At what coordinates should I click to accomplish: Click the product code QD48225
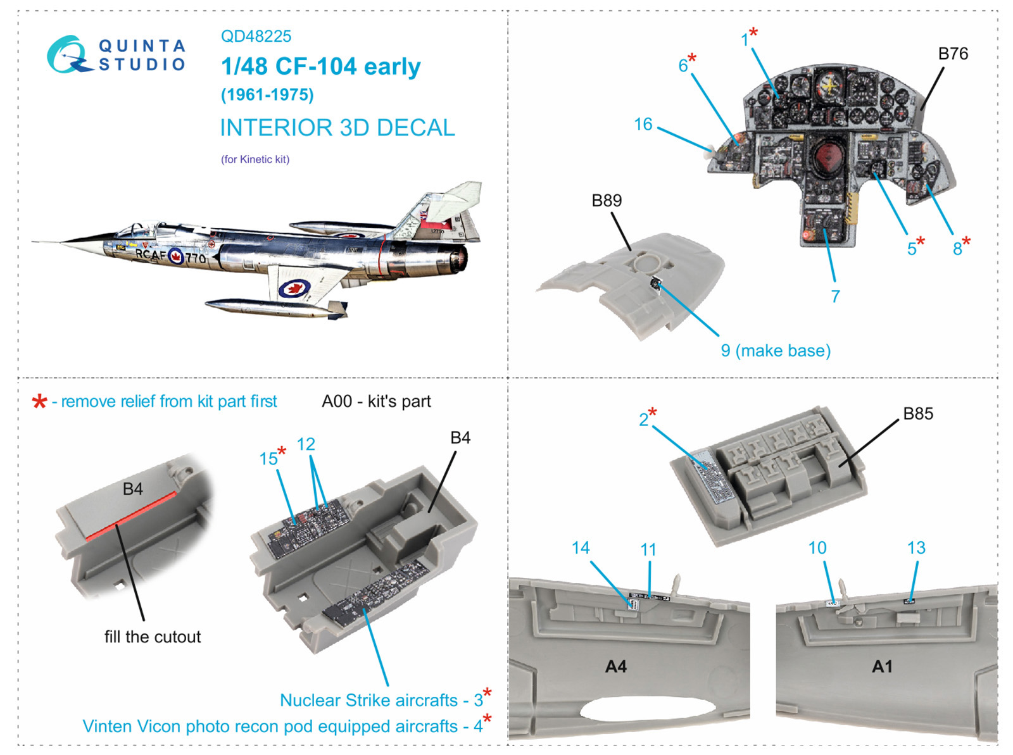256,36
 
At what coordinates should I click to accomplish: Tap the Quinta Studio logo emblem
69,54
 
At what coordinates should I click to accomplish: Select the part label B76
953,54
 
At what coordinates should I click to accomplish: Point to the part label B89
607,201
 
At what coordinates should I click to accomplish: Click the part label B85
918,414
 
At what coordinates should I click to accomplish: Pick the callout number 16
643,124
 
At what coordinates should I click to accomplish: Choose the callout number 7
835,296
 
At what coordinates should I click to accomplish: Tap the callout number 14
581,548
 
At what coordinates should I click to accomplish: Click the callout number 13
916,548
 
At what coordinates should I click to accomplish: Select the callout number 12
306,444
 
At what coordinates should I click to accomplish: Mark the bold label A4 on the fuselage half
615,666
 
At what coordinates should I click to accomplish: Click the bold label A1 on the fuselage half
882,666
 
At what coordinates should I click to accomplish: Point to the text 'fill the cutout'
153,637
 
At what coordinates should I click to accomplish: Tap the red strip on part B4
131,516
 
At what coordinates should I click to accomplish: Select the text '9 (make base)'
776,351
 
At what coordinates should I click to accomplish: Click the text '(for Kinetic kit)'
255,159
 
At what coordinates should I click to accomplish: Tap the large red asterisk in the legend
40,401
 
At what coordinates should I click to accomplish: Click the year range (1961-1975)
267,95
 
